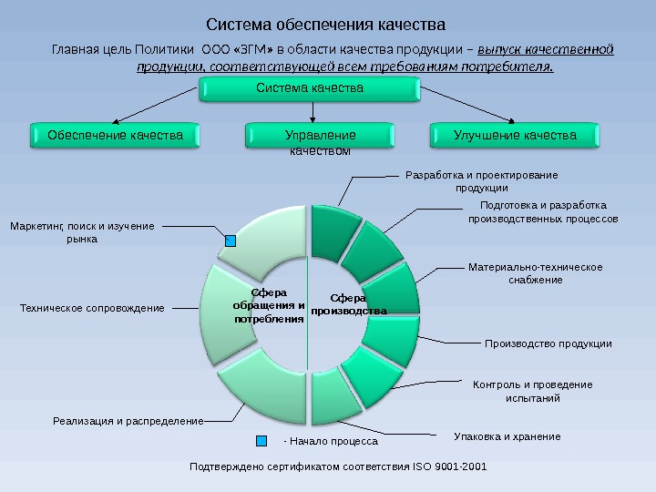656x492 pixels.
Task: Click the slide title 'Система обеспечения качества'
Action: pyautogui.click(x=325, y=22)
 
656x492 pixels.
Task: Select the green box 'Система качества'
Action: pyautogui.click(x=310, y=89)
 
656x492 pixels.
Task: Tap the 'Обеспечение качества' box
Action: pyautogui.click(x=115, y=136)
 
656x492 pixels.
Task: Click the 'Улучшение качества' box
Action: pyautogui.click(x=515, y=136)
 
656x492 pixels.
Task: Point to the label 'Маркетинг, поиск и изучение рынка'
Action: pyautogui.click(x=82, y=232)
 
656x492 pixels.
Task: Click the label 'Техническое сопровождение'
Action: pyautogui.click(x=92, y=309)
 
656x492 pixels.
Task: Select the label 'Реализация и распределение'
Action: pyautogui.click(x=128, y=421)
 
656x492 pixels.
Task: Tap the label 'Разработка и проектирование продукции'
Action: pyautogui.click(x=481, y=181)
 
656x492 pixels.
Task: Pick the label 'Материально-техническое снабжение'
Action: pyautogui.click(x=536, y=273)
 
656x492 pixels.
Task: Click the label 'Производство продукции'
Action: pyautogui.click(x=548, y=343)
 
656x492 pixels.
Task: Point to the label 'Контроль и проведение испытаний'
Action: pyautogui.click(x=533, y=391)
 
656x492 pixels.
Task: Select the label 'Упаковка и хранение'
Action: pyautogui.click(x=507, y=437)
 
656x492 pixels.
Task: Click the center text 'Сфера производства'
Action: pyautogui.click(x=348, y=304)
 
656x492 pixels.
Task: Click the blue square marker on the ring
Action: pyautogui.click(x=231, y=241)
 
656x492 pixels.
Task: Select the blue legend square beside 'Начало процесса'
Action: pyautogui.click(x=262, y=439)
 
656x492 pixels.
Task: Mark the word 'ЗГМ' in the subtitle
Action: pyautogui.click(x=256, y=48)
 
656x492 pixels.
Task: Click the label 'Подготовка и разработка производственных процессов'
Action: pyautogui.click(x=542, y=212)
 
